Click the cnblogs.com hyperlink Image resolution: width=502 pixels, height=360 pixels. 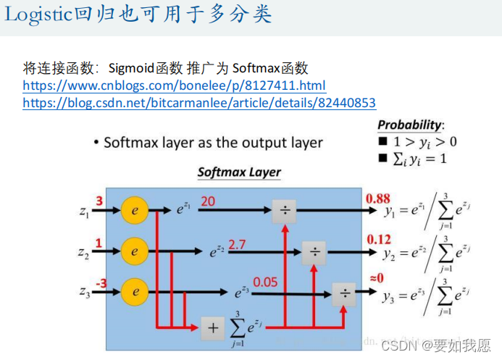click(174, 85)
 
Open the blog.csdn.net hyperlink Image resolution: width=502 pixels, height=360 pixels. click(199, 103)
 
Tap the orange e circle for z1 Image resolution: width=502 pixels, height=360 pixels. click(134, 212)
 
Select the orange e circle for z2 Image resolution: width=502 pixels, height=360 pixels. click(134, 252)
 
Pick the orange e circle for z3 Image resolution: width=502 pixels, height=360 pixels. click(134, 292)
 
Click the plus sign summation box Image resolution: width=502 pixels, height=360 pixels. click(212, 327)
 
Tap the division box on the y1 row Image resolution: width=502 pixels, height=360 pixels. click(285, 212)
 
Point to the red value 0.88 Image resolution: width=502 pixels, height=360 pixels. click(378, 198)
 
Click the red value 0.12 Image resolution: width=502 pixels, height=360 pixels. click(378, 239)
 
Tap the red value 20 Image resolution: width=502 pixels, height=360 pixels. click(208, 201)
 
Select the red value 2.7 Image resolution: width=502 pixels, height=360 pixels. click(237, 245)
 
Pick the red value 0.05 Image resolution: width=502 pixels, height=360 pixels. click(266, 282)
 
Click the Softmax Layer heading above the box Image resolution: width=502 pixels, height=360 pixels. click(239, 172)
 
